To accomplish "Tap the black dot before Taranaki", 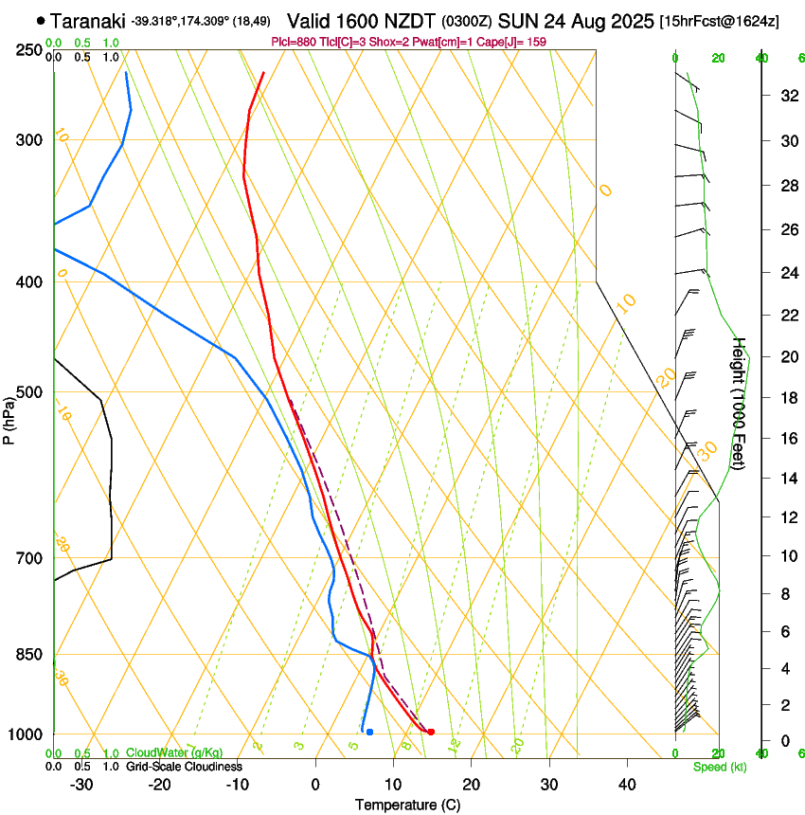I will pos(40,21).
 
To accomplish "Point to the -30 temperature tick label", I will pos(80,784).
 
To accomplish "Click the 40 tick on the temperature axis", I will pos(627,784).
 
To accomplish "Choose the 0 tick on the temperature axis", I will pos(316,784).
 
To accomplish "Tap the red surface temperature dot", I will pos(431,732).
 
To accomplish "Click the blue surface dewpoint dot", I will pos(369,732).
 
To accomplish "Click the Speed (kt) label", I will pos(719,767).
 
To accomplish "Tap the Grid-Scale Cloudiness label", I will pos(184,767).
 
